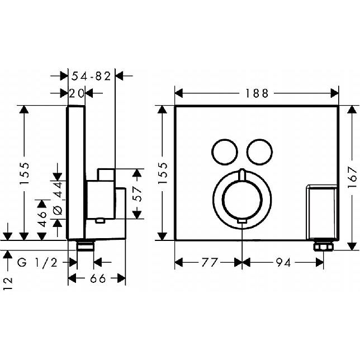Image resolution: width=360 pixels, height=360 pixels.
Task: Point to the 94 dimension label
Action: [x=283, y=262]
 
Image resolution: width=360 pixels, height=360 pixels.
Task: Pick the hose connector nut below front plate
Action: [x=323, y=247]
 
